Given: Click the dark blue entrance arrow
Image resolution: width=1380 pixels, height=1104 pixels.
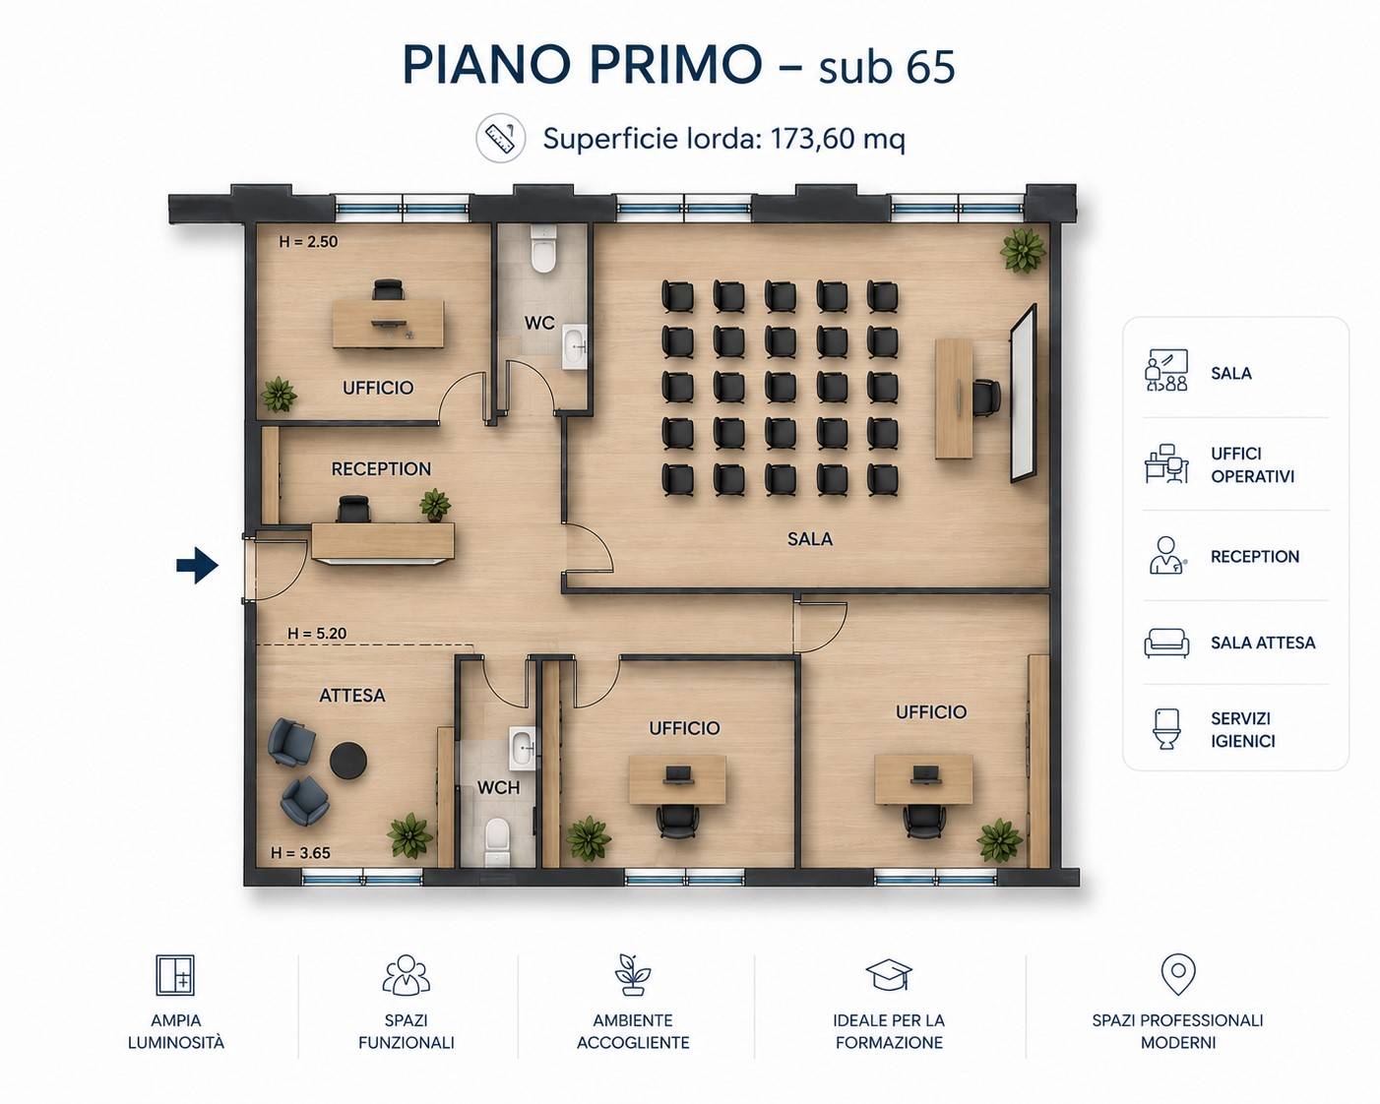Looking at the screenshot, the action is tap(198, 565).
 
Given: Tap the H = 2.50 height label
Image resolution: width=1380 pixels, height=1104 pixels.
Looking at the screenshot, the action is tap(308, 242).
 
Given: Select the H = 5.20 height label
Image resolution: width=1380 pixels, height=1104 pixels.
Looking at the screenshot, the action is tap(317, 633).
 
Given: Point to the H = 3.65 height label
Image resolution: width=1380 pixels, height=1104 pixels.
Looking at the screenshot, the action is tap(300, 853).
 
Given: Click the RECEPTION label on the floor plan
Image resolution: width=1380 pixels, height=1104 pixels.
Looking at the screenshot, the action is tap(381, 468).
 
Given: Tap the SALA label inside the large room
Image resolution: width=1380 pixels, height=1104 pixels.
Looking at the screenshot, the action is tap(810, 538).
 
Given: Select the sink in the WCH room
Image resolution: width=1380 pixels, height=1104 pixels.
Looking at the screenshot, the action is tap(523, 748).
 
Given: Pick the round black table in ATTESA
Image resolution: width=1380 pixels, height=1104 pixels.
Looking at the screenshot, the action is tap(348, 761).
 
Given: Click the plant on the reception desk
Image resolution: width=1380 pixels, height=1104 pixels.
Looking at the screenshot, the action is tap(435, 504).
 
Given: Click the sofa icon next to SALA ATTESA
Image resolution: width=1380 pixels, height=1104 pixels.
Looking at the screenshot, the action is tap(1166, 643).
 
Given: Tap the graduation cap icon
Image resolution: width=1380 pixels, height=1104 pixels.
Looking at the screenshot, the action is tap(889, 975).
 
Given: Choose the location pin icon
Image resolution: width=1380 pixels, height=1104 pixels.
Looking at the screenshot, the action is tap(1178, 974).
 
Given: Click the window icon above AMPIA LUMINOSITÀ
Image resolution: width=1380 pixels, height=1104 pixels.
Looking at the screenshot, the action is tap(175, 974).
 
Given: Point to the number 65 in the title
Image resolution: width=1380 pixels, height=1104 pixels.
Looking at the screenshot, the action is tap(930, 67).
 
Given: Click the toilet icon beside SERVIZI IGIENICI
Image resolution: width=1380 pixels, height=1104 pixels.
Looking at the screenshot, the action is tap(1166, 729).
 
